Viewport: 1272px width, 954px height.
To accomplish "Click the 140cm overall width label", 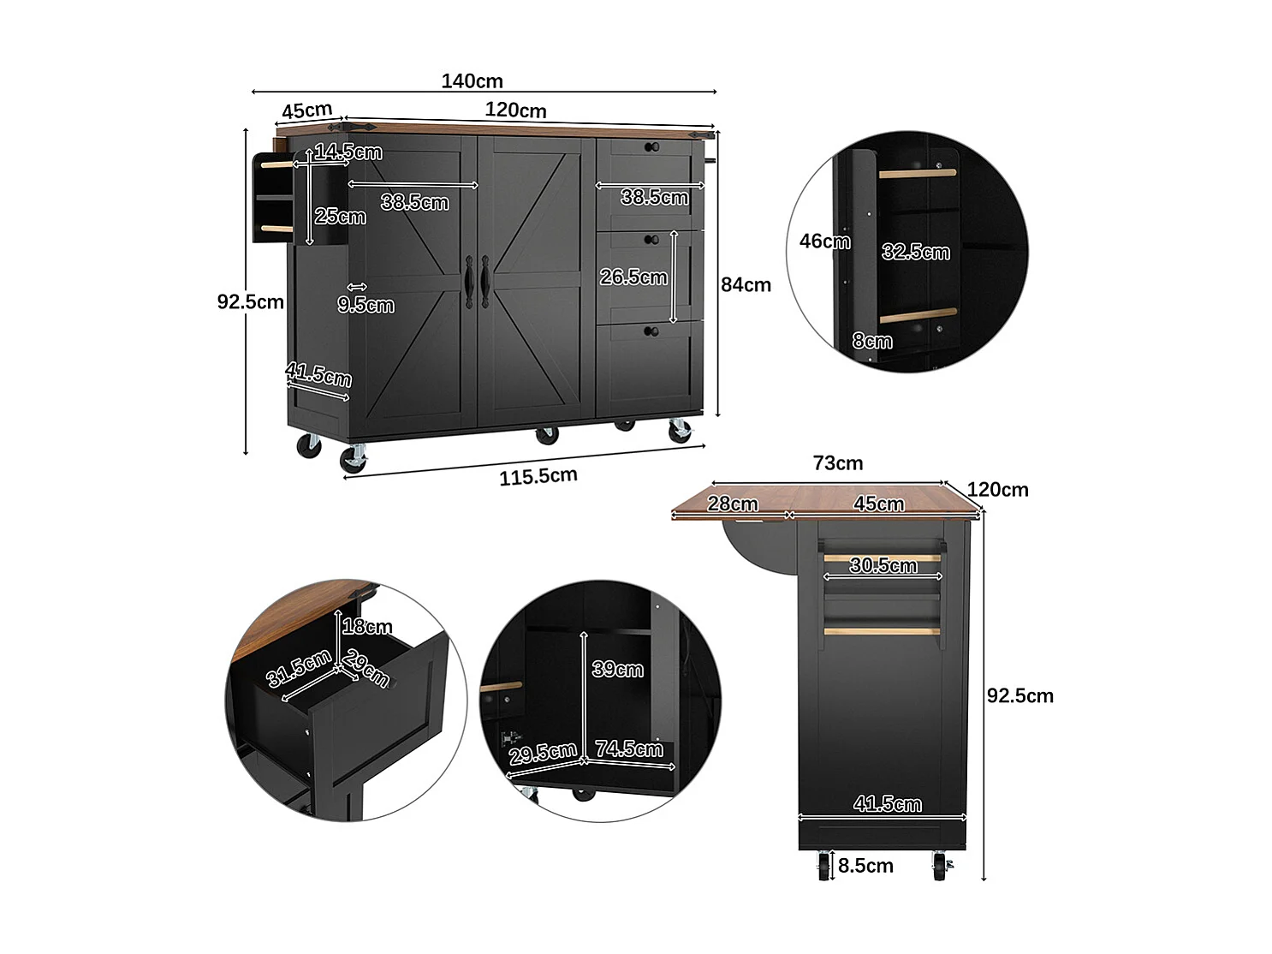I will (x=472, y=81).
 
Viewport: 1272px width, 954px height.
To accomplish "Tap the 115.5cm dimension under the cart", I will (x=538, y=477).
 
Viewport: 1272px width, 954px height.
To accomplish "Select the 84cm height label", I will (x=745, y=285).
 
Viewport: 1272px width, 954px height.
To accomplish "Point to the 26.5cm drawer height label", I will (x=633, y=277).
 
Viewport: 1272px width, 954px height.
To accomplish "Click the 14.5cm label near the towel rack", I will (x=348, y=152).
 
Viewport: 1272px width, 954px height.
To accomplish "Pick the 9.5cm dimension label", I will (x=366, y=305).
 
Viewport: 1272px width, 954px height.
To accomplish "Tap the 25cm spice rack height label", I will (x=340, y=217).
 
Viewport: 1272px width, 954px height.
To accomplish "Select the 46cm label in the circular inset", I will (x=824, y=241).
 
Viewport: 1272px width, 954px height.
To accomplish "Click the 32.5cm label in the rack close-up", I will (x=915, y=252).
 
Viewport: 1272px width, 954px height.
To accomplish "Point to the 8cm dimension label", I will (x=871, y=341).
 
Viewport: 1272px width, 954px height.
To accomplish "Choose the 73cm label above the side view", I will (x=837, y=463).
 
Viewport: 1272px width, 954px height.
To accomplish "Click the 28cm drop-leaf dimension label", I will (x=732, y=504).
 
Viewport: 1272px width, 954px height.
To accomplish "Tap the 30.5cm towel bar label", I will (x=883, y=565).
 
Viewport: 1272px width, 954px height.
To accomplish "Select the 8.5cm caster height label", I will (x=865, y=866).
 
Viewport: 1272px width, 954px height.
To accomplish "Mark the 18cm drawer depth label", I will (x=366, y=627).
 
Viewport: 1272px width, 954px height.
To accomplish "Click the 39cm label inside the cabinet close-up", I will (x=617, y=670).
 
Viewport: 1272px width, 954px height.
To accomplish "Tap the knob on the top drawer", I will (x=651, y=147).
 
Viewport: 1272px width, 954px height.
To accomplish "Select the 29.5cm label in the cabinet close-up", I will (x=542, y=754).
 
